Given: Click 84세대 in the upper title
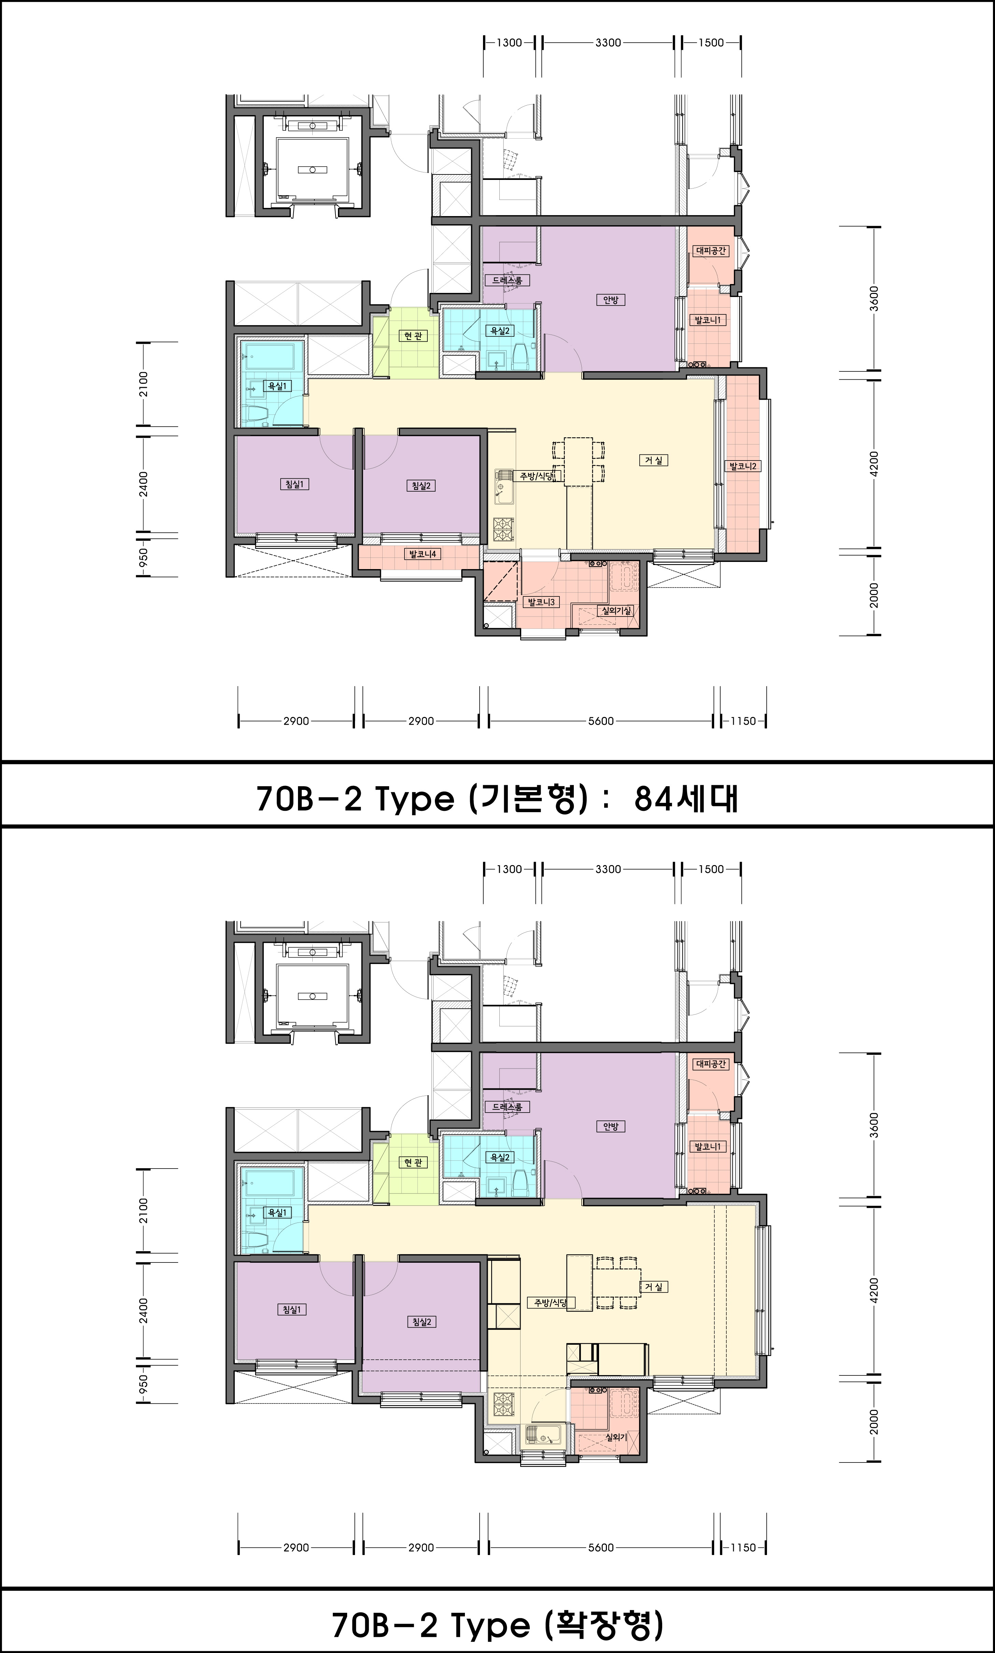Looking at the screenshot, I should coord(685,798).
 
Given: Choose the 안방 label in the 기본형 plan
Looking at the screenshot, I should coord(610,300).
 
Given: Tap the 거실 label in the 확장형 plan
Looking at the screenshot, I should coord(654,1286).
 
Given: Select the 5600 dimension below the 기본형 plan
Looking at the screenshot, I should coord(601,721).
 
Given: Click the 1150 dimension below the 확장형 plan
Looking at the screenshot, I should coord(743,1547).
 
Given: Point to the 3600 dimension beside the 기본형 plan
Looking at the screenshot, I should coord(873,299).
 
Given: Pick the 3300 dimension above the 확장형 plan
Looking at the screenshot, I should coord(608,869).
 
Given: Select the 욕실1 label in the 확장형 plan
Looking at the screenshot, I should coord(276,1212).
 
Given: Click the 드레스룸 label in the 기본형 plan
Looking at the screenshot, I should coord(507,280).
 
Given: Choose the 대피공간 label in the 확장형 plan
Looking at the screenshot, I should coord(711,1063).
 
